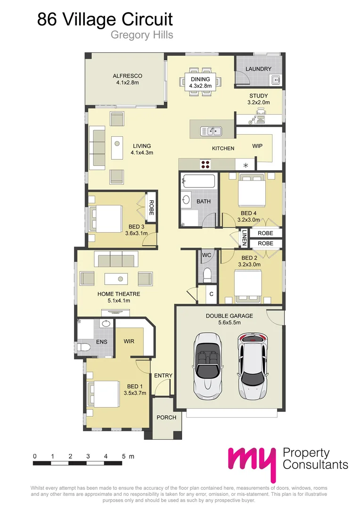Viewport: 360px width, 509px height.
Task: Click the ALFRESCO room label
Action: pos(127,76)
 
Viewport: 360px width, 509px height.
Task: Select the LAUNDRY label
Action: pos(259,69)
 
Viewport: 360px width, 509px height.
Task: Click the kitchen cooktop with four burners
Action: pos(206,164)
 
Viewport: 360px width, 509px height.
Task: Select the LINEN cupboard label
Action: pos(244,238)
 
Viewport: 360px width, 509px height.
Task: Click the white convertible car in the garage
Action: pos(206,364)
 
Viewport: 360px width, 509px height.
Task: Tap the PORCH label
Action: pos(166,417)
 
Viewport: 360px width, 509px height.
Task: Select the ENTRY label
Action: pos(164,375)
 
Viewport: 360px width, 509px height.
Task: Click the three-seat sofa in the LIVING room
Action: pos(98,147)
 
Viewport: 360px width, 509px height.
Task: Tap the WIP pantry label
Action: pos(257,146)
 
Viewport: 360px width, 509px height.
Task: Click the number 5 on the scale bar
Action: pos(123,456)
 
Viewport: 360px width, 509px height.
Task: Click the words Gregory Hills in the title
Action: pos(141,35)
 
